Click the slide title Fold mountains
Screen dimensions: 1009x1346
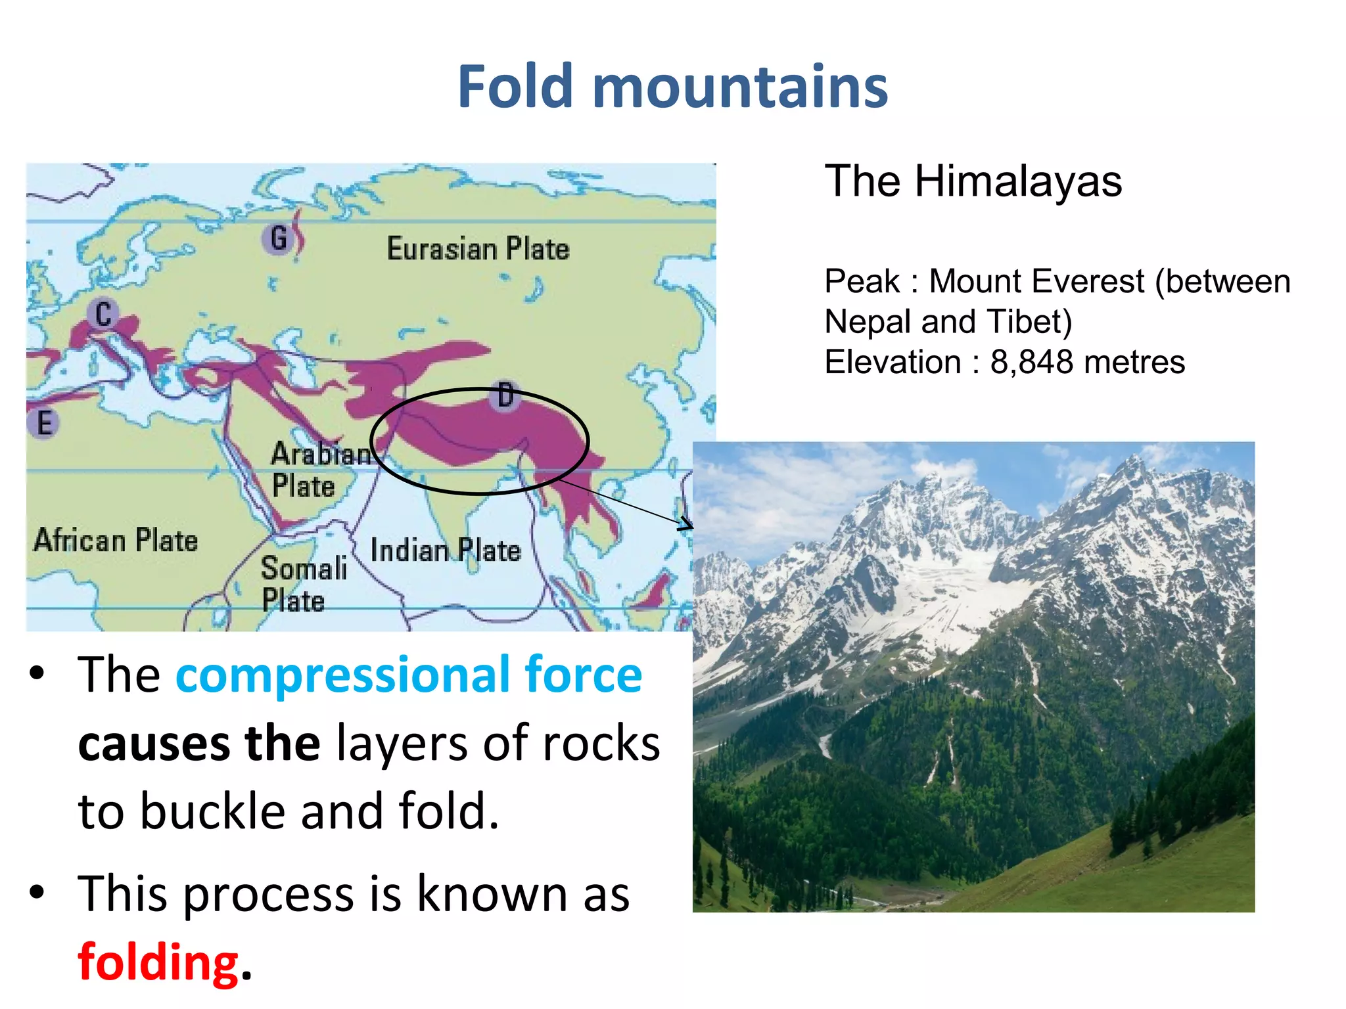pyautogui.click(x=672, y=87)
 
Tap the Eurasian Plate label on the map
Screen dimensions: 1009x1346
pyautogui.click(x=478, y=249)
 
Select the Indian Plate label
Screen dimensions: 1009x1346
pyautogui.click(x=445, y=550)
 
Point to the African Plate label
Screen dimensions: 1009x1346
pyautogui.click(x=116, y=540)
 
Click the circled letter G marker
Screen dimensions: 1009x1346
pyautogui.click(x=279, y=238)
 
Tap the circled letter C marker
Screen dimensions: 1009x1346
pyautogui.click(x=103, y=314)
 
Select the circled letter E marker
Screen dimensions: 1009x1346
pyautogui.click(x=43, y=422)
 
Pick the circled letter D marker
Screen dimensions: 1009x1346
pyautogui.click(x=505, y=395)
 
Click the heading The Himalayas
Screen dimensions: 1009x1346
pyautogui.click(x=973, y=181)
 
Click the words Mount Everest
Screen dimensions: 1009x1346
pyautogui.click(x=1036, y=281)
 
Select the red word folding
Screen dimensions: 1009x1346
pyautogui.click(x=158, y=962)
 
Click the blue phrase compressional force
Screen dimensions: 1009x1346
pyautogui.click(x=408, y=675)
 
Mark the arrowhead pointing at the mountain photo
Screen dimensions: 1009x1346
pyautogui.click(x=686, y=524)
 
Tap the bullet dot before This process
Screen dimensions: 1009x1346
pyautogui.click(x=37, y=892)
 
